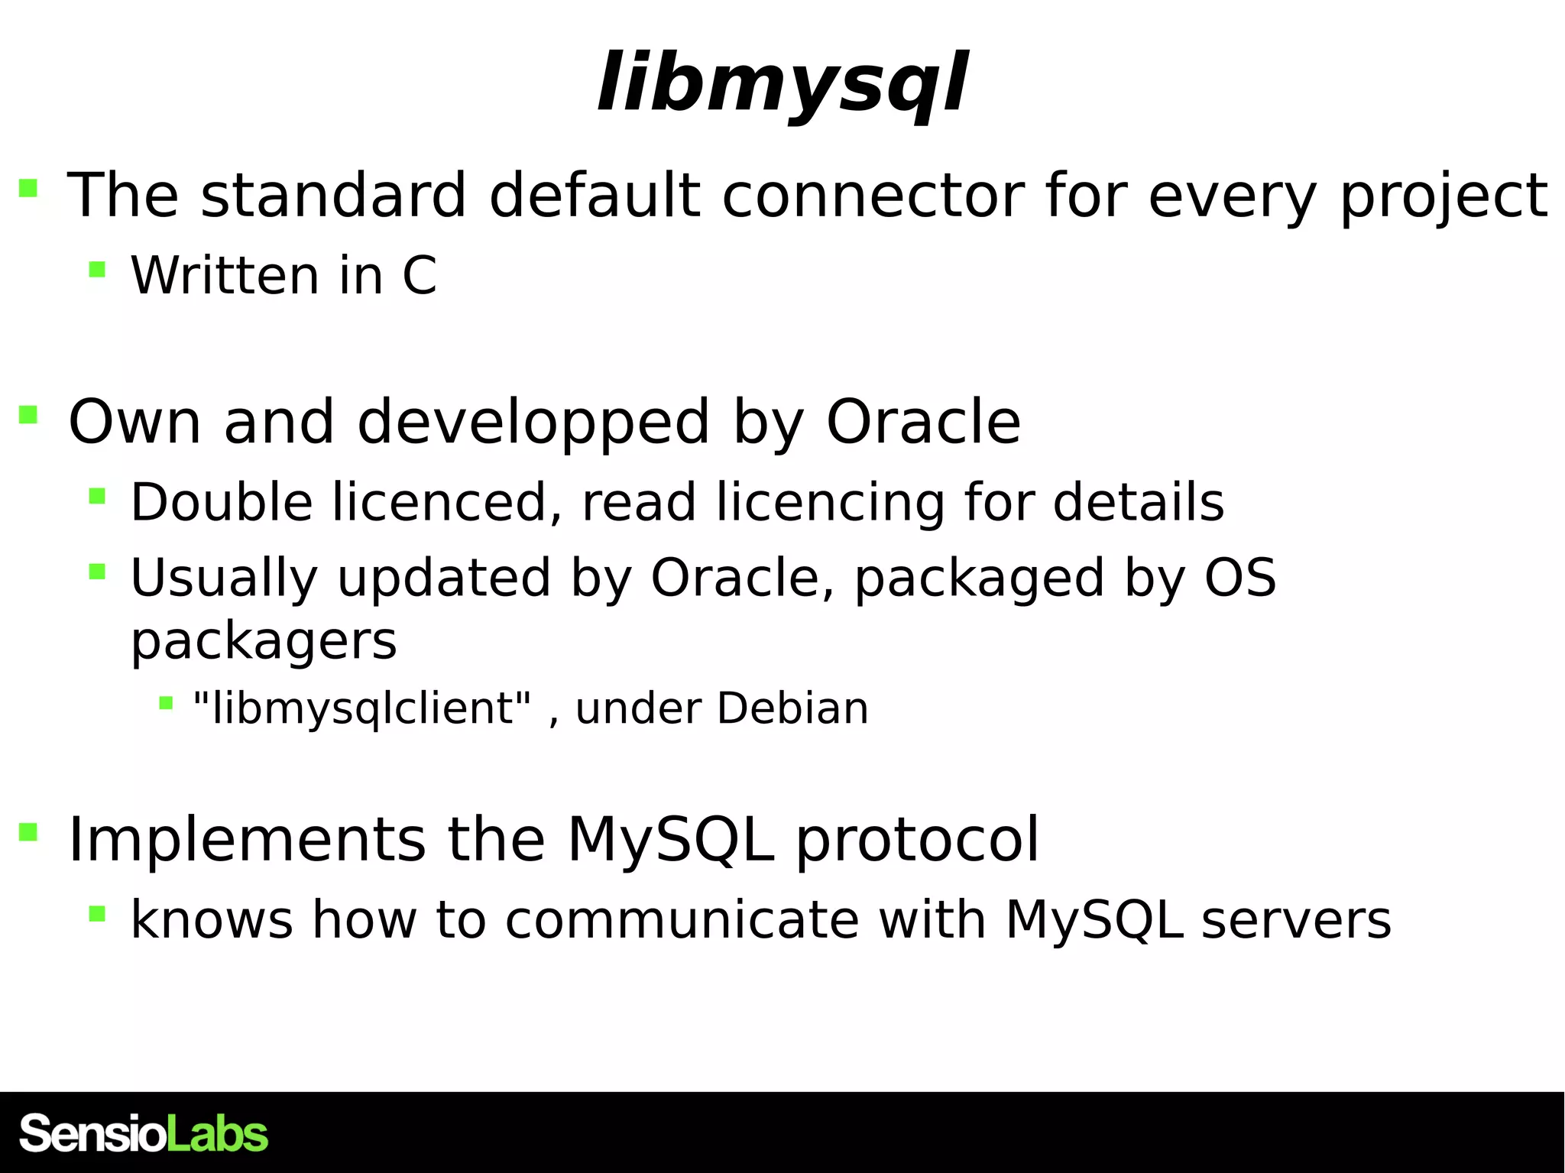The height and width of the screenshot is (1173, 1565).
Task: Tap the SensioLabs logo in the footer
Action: (144, 1133)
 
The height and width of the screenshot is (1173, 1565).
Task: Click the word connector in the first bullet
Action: (873, 196)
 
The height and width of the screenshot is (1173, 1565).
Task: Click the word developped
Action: (533, 422)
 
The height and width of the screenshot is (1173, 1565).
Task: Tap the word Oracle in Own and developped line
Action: (923, 422)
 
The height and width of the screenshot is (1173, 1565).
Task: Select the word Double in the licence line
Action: (222, 502)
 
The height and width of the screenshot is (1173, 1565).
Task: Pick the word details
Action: (1139, 502)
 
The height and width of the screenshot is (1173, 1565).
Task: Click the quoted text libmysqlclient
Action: (362, 708)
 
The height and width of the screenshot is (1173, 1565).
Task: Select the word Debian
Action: (792, 708)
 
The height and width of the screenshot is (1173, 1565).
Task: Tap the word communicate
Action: (682, 919)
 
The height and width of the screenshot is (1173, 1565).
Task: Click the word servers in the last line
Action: (1296, 919)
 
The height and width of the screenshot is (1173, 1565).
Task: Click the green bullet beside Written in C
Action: (97, 269)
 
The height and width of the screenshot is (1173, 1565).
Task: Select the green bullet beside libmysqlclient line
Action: (166, 702)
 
